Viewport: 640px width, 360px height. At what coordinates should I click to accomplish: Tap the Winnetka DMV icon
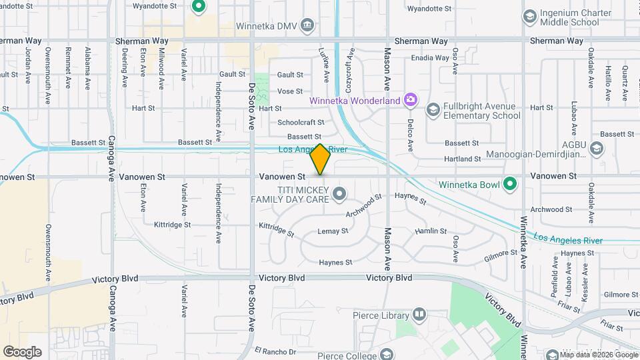[x=307, y=25]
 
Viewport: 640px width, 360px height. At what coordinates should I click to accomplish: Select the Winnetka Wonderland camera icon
[x=411, y=101]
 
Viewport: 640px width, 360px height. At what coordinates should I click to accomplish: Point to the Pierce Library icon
[x=419, y=313]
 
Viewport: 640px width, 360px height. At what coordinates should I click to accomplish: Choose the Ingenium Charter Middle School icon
[x=530, y=16]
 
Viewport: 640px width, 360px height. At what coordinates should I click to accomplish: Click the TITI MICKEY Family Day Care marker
[x=339, y=194]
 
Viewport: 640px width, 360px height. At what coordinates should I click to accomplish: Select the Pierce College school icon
[x=385, y=353]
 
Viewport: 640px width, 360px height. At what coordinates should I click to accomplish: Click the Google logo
[x=22, y=351]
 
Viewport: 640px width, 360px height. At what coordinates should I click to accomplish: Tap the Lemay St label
[x=333, y=231]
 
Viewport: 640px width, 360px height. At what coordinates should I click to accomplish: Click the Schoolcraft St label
[x=301, y=123]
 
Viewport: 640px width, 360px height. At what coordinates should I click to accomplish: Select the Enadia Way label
[x=430, y=58]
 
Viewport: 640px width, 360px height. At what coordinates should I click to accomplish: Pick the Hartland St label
[x=463, y=159]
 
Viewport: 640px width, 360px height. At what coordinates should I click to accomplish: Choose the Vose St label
[x=289, y=91]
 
